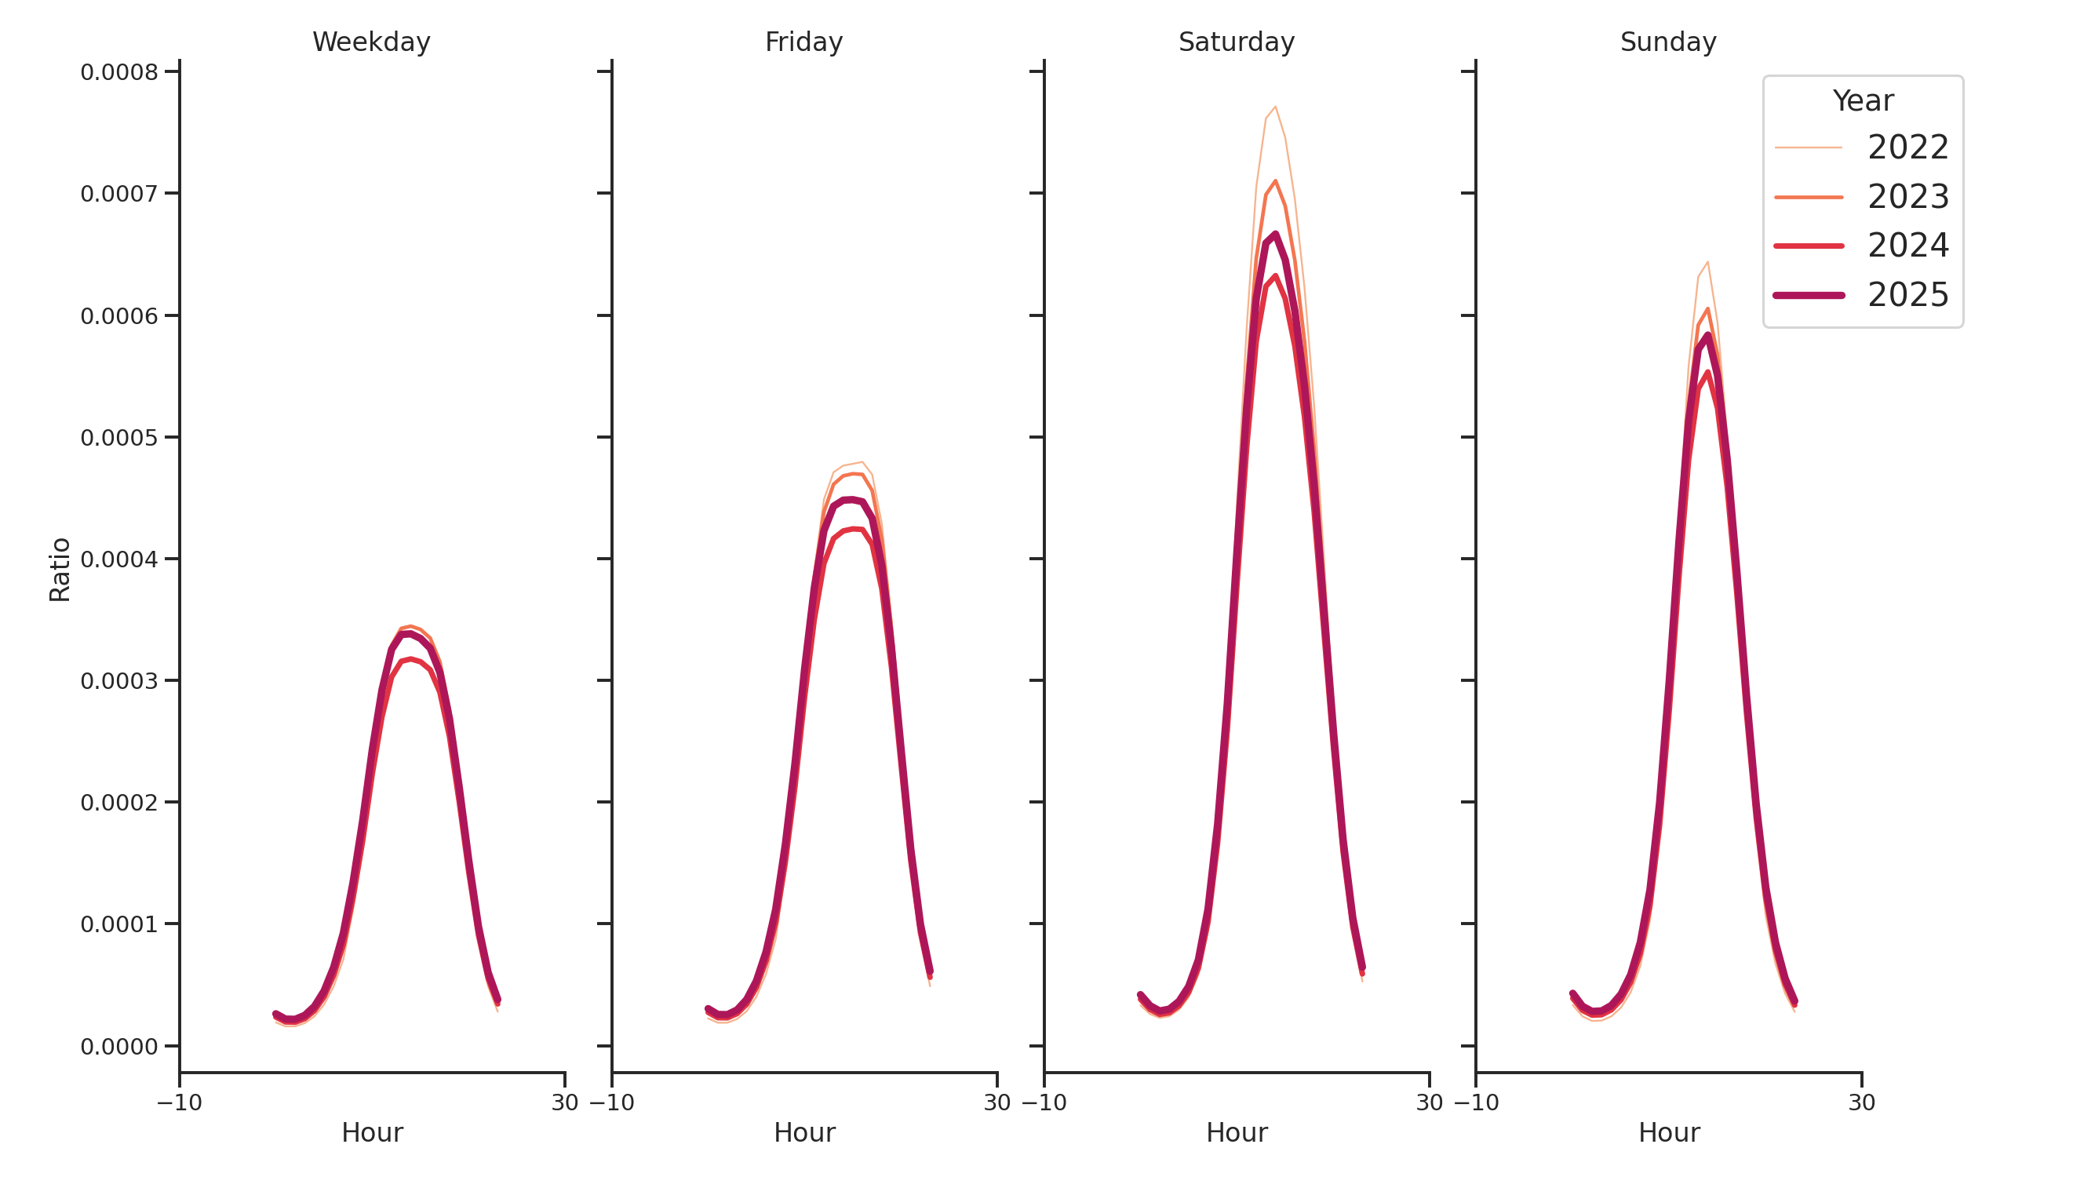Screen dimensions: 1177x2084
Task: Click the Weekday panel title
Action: click(371, 42)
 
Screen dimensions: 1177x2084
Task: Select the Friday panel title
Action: click(803, 42)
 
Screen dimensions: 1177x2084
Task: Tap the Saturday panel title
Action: click(1236, 42)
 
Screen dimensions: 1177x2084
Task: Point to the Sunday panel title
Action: click(1668, 42)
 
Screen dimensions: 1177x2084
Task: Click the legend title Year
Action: click(1862, 100)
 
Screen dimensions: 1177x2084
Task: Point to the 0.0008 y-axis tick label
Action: click(119, 72)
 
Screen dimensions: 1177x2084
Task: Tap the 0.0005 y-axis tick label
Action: click(119, 438)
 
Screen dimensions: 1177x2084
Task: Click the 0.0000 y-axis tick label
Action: click(119, 1047)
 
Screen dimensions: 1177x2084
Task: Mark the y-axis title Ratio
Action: click(60, 570)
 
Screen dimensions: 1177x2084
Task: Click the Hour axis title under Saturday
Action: click(1236, 1132)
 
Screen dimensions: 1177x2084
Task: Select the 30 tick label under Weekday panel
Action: click(565, 1102)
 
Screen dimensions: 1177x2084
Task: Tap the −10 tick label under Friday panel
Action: click(611, 1102)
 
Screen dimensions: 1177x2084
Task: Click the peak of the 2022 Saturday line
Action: click(1275, 106)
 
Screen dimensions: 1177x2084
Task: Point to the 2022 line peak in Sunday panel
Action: click(1707, 262)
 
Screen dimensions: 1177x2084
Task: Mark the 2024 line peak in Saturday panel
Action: click(1275, 276)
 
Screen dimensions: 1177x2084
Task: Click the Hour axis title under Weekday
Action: click(371, 1132)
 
